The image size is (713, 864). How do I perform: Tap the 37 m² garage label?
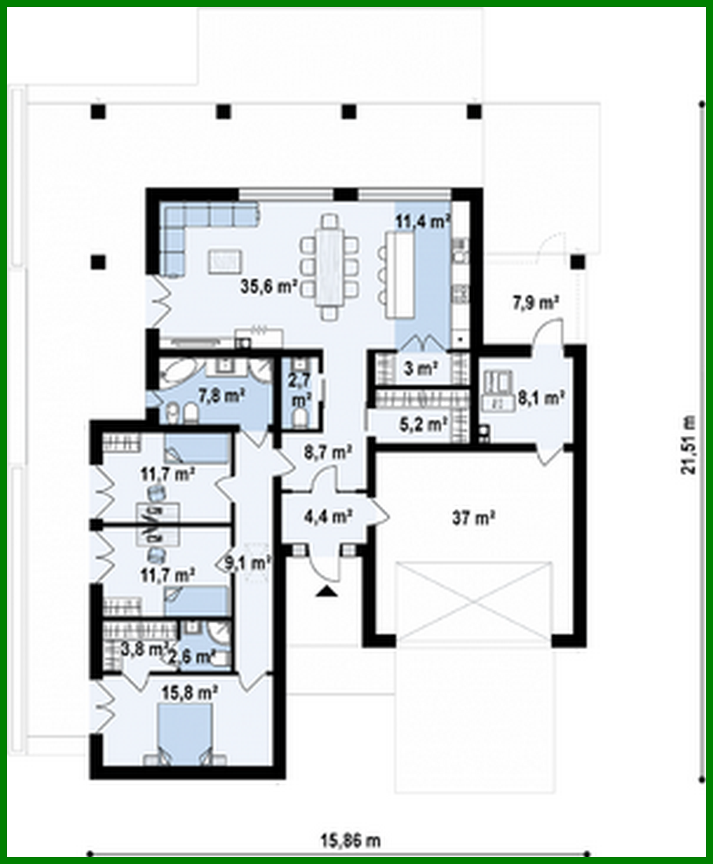(x=472, y=517)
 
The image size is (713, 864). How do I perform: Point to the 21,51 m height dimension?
(x=689, y=444)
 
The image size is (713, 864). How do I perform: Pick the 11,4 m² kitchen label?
(x=422, y=221)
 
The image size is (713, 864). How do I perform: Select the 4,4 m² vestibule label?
(x=327, y=517)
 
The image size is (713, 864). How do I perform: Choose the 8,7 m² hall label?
(x=328, y=452)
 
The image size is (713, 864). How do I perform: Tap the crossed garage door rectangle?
(x=472, y=600)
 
